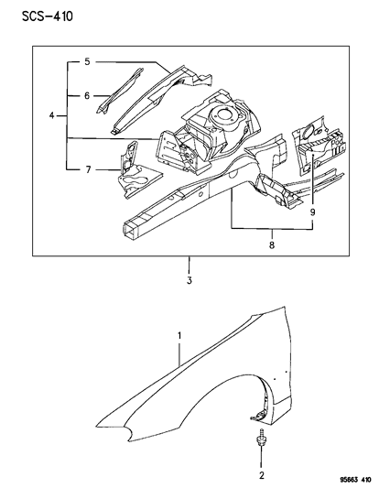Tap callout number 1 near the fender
pos(179,337)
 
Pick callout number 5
pos(87,95)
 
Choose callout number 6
pos(87,170)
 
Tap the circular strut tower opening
pos(221,114)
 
